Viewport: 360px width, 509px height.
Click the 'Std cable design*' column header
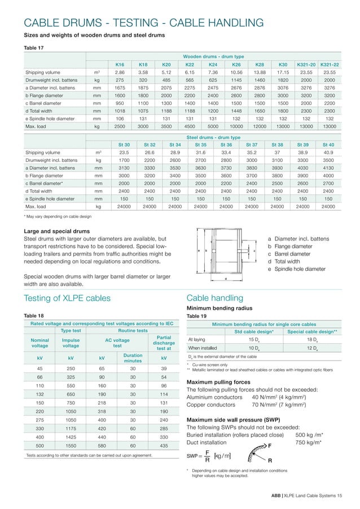point(254,331)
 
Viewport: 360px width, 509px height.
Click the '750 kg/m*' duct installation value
point(309,442)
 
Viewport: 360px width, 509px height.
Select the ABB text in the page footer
point(277,495)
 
